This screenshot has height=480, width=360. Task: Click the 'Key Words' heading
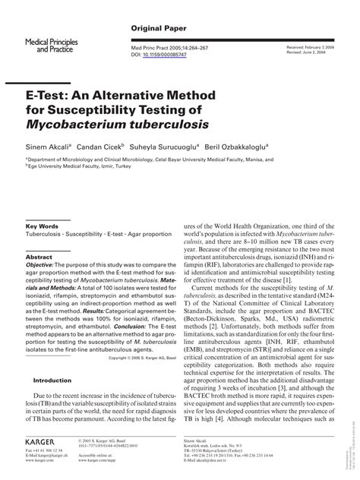(43, 227)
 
